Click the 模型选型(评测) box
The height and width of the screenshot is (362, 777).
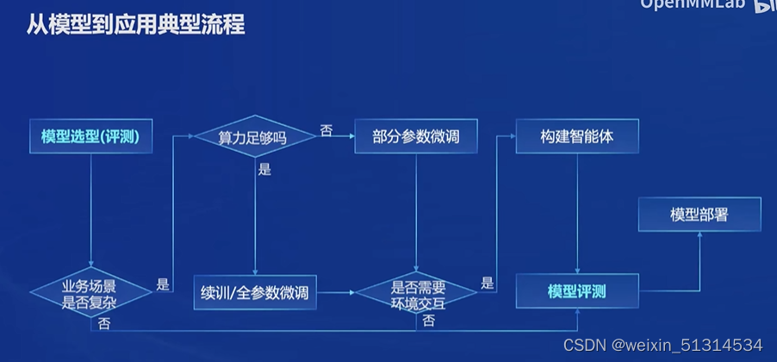90,137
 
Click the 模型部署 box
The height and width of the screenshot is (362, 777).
699,215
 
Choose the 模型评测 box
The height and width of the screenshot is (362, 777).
576,291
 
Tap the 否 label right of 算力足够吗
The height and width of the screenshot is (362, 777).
326,130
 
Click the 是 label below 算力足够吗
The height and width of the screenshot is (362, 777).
264,170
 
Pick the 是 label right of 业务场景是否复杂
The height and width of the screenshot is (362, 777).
163,283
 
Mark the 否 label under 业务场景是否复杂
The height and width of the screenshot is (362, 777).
103,324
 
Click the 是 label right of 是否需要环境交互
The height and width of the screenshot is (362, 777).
488,283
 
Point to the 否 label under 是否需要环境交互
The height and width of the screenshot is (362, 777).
428,321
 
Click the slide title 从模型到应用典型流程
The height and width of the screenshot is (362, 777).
130,24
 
